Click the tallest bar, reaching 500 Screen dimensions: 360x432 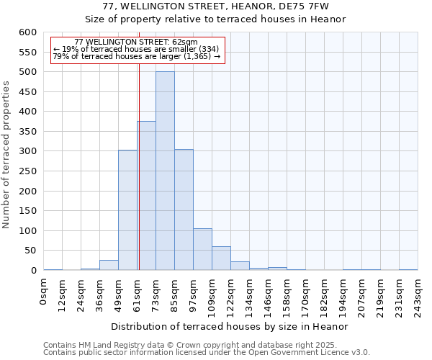(x=165, y=171)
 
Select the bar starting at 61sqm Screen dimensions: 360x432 (x=146, y=196)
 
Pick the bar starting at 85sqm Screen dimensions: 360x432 (x=184, y=210)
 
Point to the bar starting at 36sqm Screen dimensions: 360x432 (x=109, y=265)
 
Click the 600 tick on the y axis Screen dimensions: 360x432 (x=27, y=32)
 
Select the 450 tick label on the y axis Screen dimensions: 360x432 (x=27, y=92)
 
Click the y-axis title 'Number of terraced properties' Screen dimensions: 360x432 (x=7, y=155)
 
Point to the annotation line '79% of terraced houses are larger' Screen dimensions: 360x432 (x=137, y=56)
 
